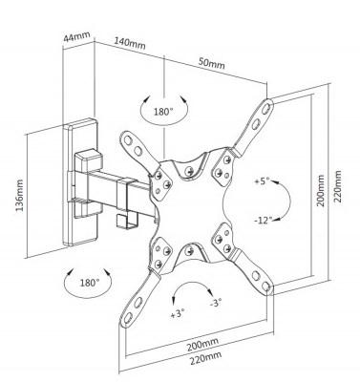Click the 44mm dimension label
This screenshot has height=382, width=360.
pos(76,36)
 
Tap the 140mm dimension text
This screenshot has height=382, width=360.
pos(130,43)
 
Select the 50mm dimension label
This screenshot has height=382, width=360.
pos(212,63)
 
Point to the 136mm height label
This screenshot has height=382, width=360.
pos(19,196)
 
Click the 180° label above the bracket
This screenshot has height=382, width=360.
pos(163,112)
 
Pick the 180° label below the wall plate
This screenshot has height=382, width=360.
pos(90,283)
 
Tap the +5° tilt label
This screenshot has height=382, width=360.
pos(262,181)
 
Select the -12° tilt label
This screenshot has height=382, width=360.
pos(264,221)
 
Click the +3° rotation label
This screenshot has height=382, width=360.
pos(178,314)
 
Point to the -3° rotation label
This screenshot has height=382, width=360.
pos(216,303)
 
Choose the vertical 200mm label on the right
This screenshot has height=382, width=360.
pos(321,191)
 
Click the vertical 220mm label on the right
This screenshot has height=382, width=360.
pos(338,186)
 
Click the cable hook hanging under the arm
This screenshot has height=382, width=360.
pos(126,221)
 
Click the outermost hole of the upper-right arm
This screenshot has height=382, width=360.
pos(266,108)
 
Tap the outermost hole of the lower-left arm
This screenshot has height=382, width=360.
pos(128,318)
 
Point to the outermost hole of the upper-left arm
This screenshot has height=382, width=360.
pos(128,140)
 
